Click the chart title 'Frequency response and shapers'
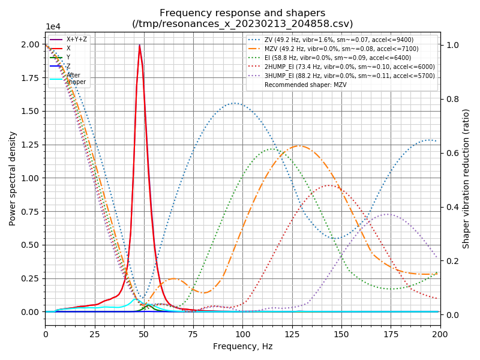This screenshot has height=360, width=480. [242, 13]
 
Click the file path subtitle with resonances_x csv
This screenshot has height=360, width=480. [242, 24]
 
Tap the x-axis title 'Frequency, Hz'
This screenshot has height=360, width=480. [242, 346]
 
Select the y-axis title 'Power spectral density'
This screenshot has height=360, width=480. [13, 178]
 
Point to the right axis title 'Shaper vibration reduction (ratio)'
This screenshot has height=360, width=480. [466, 178]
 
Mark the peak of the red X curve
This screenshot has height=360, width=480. [140, 45]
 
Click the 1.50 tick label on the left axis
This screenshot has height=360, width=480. [30, 111]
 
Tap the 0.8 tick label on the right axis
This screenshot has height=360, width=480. [451, 99]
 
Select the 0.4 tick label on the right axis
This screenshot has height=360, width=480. [451, 207]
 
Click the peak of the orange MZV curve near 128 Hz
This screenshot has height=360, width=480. [299, 146]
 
